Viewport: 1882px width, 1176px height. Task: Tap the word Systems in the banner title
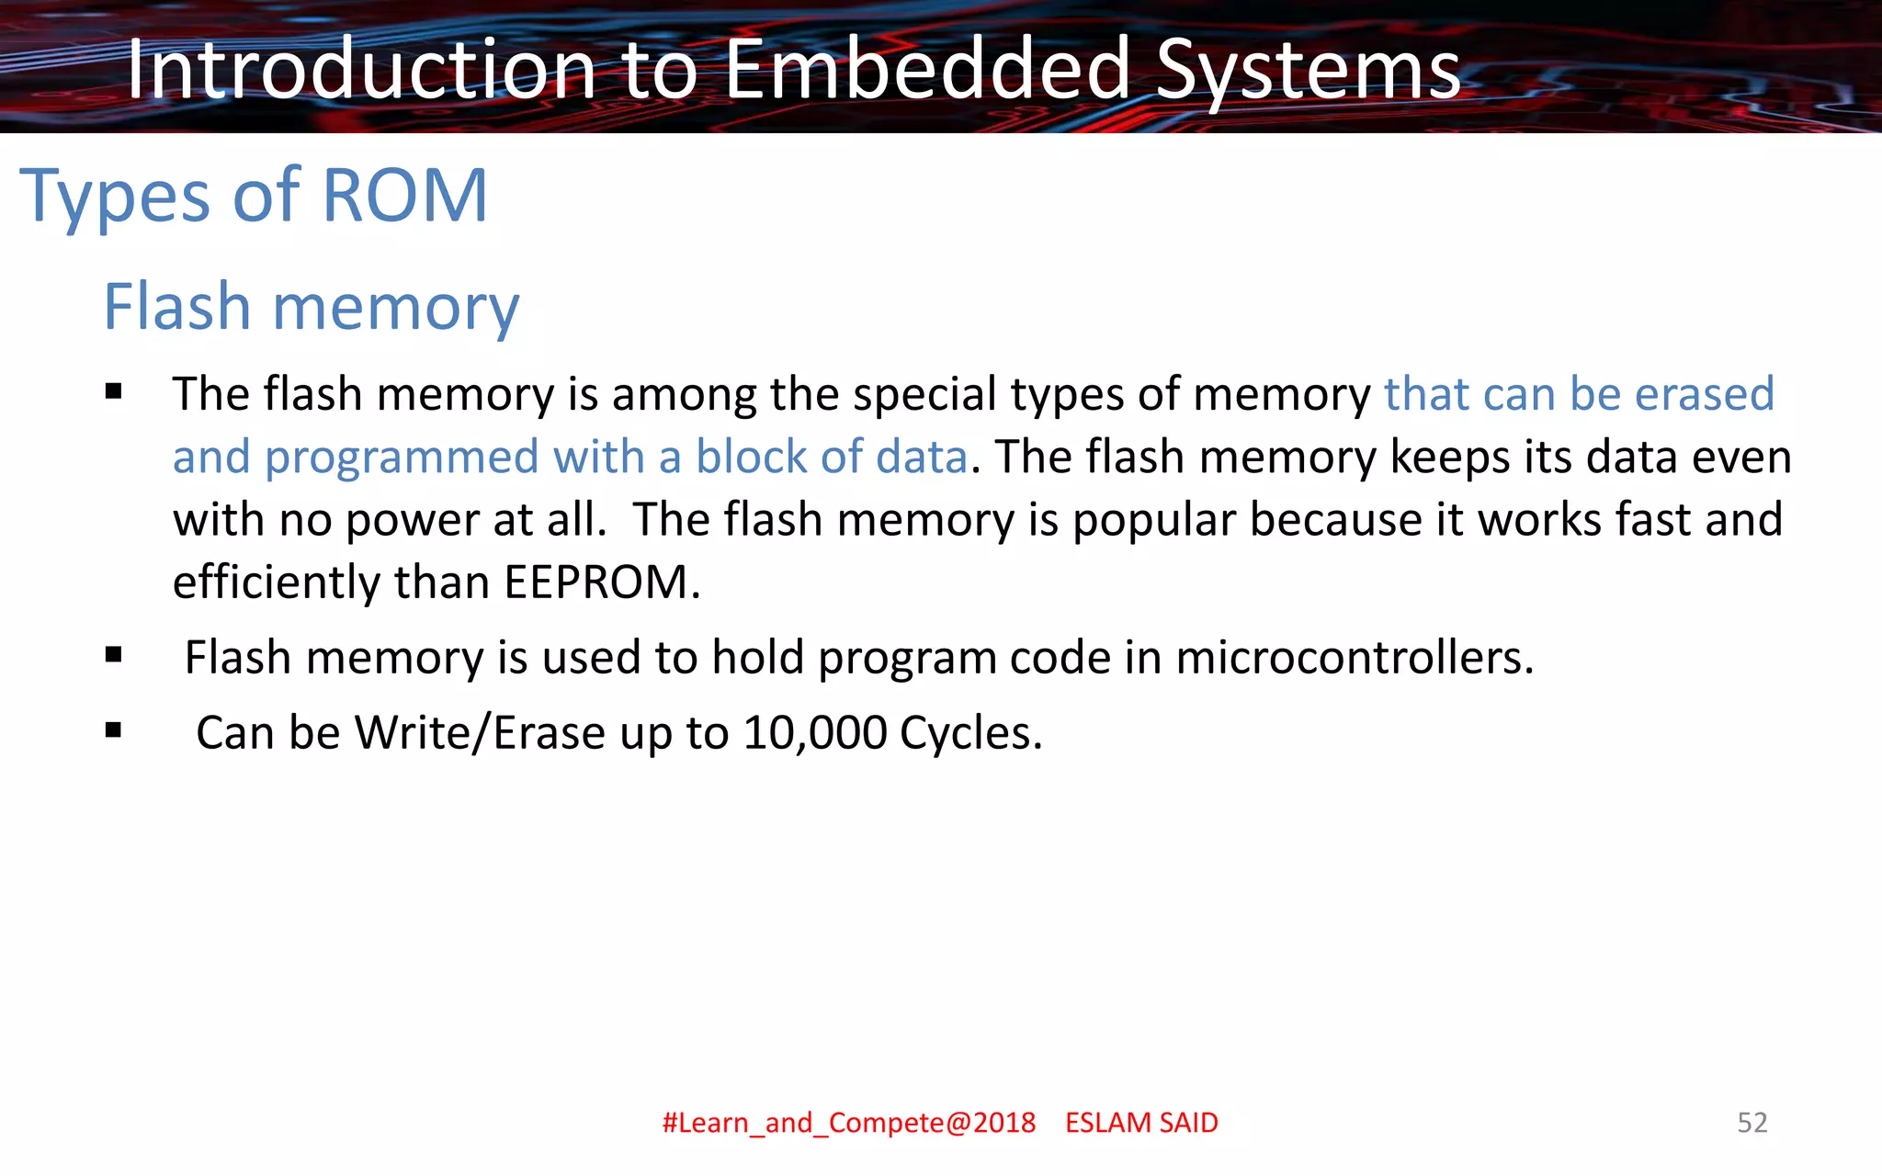click(x=1308, y=72)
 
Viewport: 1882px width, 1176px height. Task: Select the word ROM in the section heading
click(x=404, y=195)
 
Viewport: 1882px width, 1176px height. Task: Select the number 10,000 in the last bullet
click(x=815, y=733)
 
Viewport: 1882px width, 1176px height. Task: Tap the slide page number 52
click(x=1752, y=1123)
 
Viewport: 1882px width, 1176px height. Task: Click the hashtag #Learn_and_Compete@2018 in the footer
click(x=848, y=1123)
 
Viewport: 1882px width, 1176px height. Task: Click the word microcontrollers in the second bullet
click(x=1355, y=658)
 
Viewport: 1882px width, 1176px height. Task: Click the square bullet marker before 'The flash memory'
click(x=114, y=393)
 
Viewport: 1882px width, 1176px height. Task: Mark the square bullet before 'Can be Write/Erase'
click(x=114, y=731)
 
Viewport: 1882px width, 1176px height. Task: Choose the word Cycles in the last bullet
click(x=970, y=733)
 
